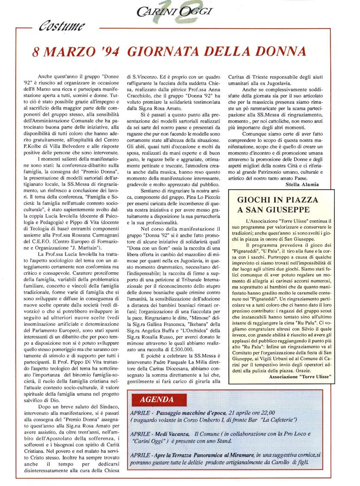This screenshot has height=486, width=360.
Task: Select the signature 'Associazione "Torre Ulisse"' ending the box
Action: click(x=300, y=377)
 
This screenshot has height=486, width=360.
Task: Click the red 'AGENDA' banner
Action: click(x=157, y=400)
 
